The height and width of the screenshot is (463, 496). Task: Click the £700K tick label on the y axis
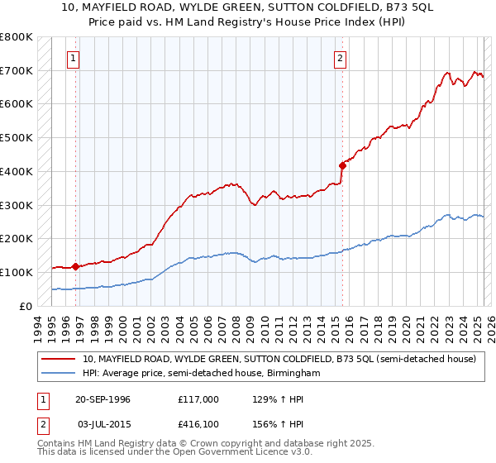pyautogui.click(x=17, y=71)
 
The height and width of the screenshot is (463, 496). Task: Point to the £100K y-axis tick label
pyautogui.click(x=17, y=272)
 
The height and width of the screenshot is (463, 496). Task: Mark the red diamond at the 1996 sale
pyautogui.click(x=75, y=266)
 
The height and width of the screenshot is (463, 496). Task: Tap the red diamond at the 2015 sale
pyautogui.click(x=341, y=166)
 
